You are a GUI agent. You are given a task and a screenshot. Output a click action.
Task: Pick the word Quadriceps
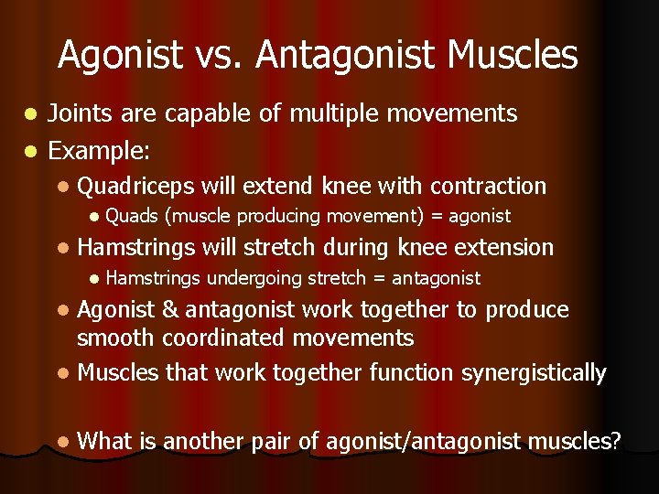coord(136,187)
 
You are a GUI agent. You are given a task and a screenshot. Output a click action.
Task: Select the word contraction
coord(488,187)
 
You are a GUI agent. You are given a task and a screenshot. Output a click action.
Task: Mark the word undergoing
coord(255,278)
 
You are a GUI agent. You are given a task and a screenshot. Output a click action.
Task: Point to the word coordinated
coord(223,338)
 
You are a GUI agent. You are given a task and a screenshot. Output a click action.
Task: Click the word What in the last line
coord(106,443)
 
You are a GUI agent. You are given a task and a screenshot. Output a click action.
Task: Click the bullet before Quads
coord(93,217)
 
